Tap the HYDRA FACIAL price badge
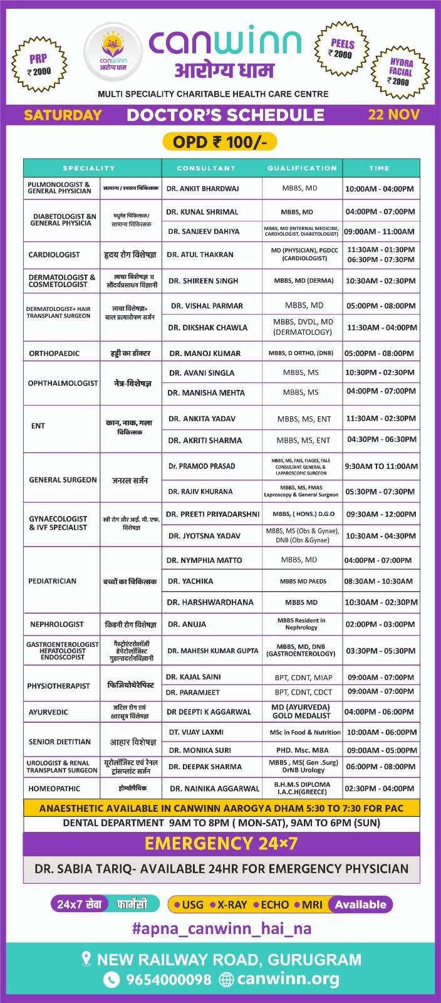click(400, 71)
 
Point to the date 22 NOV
click(393, 115)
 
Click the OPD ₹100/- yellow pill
click(220, 142)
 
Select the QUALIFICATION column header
click(302, 168)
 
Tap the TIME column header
click(379, 168)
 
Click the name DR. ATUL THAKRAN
click(199, 255)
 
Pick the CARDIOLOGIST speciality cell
click(54, 255)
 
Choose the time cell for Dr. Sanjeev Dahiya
click(379, 231)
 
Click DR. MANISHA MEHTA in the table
click(206, 392)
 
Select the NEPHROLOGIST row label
click(56, 624)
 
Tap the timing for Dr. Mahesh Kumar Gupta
click(380, 651)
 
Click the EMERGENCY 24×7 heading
click(220, 844)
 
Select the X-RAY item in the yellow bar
click(231, 905)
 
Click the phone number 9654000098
click(169, 979)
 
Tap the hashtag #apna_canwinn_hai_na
click(221, 928)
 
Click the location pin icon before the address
click(87, 959)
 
